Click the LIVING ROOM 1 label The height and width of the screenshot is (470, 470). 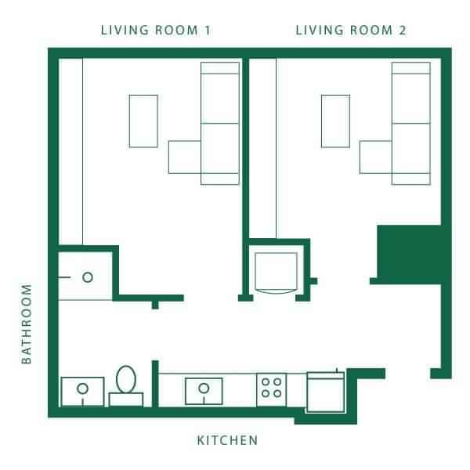tap(156, 31)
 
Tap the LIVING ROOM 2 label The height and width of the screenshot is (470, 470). tap(350, 31)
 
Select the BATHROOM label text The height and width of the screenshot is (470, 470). tap(27, 324)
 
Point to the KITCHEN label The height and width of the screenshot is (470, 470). tap(227, 441)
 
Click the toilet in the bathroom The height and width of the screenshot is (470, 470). tap(125, 385)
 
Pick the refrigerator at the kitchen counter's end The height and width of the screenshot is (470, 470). tap(324, 391)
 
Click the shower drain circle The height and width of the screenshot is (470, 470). tap(88, 277)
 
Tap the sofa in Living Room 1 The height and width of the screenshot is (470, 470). tap(220, 123)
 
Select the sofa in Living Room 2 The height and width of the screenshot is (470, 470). tap(411, 123)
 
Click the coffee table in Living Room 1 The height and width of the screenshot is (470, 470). tap(143, 121)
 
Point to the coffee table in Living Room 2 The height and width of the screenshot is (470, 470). tap(335, 121)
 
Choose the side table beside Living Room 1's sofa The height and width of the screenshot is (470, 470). tap(185, 157)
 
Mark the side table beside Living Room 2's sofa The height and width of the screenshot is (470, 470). tap(375, 157)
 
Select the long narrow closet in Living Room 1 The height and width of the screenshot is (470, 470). tap(71, 149)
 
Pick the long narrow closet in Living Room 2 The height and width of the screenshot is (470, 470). tap(264, 145)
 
